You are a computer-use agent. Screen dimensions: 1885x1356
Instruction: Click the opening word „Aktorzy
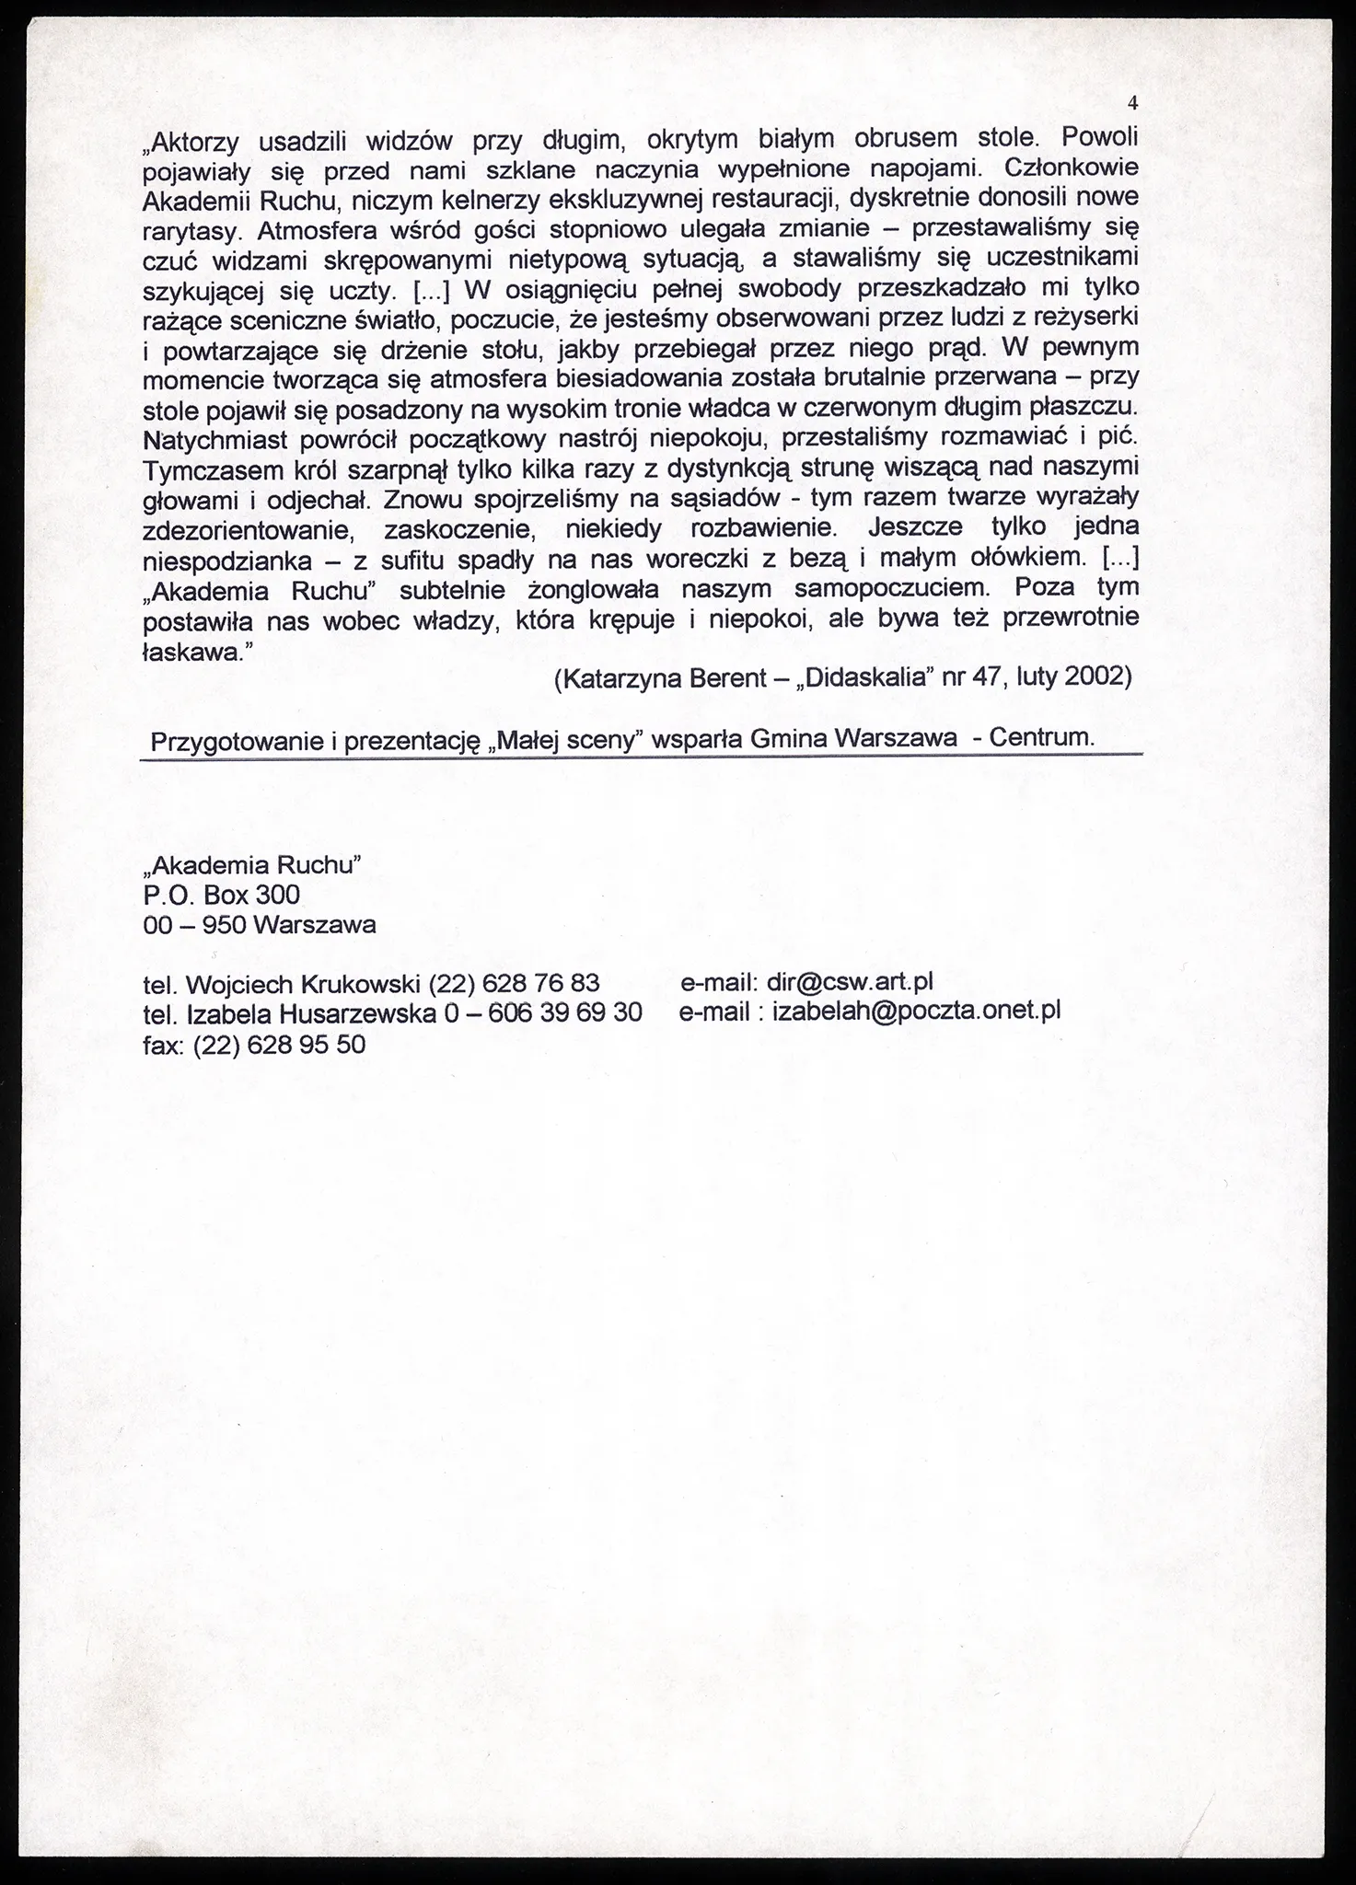(x=194, y=143)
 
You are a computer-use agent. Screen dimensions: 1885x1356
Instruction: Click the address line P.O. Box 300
(x=222, y=894)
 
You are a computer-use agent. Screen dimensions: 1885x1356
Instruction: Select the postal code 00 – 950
(x=194, y=924)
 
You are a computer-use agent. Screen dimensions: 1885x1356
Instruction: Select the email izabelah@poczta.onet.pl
(x=917, y=1012)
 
